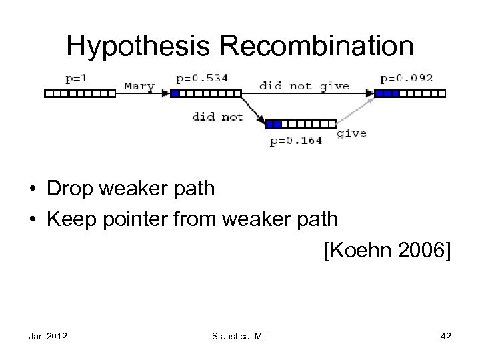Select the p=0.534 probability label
click(x=202, y=78)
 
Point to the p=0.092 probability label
click(x=406, y=78)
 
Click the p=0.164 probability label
click(x=295, y=140)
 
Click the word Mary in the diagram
click(x=139, y=86)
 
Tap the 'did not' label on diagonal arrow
click(x=218, y=117)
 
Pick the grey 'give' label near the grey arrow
click(x=351, y=133)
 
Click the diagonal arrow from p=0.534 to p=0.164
click(x=251, y=109)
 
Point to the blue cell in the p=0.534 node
click(x=175, y=94)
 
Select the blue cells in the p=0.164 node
click(x=274, y=124)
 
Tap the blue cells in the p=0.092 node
click(x=387, y=94)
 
